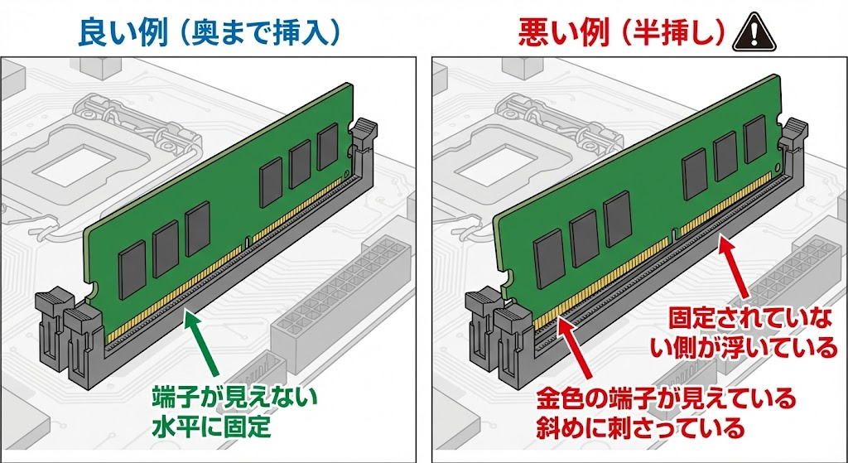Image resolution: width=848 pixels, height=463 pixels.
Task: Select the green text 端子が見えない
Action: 235,398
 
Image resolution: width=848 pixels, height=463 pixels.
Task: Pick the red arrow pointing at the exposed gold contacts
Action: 579,352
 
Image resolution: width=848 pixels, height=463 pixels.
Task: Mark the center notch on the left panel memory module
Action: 246,243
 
